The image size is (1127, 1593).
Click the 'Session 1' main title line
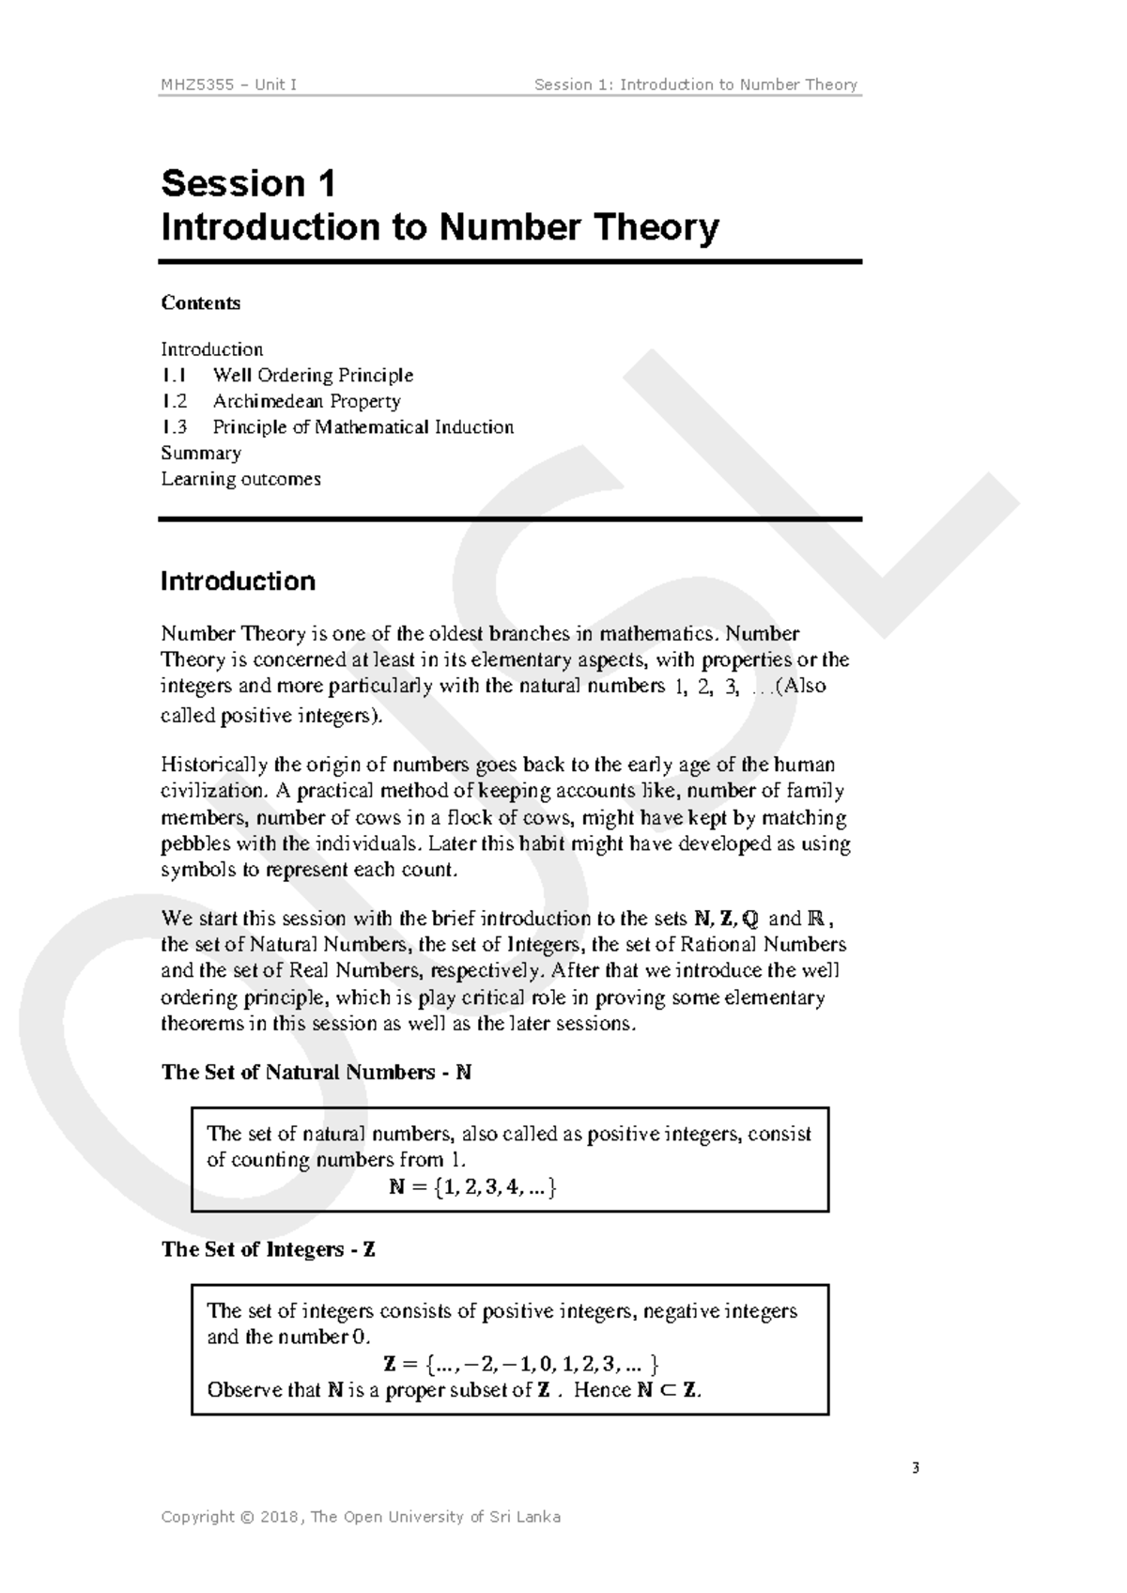248,183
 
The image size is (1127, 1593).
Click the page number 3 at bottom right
915,1468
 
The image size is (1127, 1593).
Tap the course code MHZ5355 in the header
193,85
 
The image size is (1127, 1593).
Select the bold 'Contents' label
200,302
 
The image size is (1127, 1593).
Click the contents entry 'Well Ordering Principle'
313,376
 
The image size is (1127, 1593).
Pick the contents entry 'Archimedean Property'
306,401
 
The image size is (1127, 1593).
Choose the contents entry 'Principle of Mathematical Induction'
363,427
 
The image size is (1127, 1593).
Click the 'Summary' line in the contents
201,453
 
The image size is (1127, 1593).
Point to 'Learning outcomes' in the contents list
240,479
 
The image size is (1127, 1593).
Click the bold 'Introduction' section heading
238,581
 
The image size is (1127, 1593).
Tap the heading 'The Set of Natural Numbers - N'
316,1073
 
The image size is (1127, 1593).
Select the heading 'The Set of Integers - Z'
269,1249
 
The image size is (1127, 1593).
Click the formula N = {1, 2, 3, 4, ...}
473,1186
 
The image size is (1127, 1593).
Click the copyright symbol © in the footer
247,1517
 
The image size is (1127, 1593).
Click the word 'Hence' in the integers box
602,1390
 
